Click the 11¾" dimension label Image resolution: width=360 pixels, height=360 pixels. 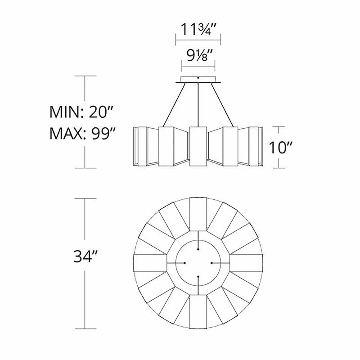tap(198, 29)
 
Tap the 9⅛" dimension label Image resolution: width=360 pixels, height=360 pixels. tap(198, 56)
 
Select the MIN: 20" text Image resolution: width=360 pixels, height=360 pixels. tap(81, 112)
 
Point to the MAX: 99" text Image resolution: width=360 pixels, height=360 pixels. tap(82, 133)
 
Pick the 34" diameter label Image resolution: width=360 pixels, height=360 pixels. tap(85, 256)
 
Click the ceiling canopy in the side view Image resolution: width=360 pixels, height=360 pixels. tap(198, 80)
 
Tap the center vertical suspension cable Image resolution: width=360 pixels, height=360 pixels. tap(198, 105)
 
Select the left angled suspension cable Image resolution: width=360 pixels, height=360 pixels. tap(174, 105)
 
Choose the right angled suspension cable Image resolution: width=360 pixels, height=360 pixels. tap(222, 105)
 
